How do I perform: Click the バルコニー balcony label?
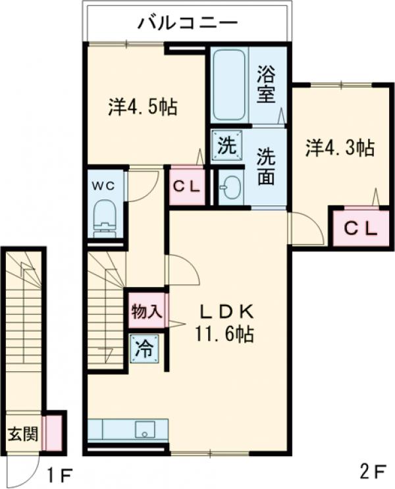point(187,24)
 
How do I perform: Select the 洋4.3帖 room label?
point(339,147)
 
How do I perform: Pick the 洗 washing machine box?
point(226,145)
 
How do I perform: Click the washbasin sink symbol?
point(230,188)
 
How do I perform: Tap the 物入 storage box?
point(146,311)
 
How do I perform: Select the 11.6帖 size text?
point(223,334)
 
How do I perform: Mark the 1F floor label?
point(59,473)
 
